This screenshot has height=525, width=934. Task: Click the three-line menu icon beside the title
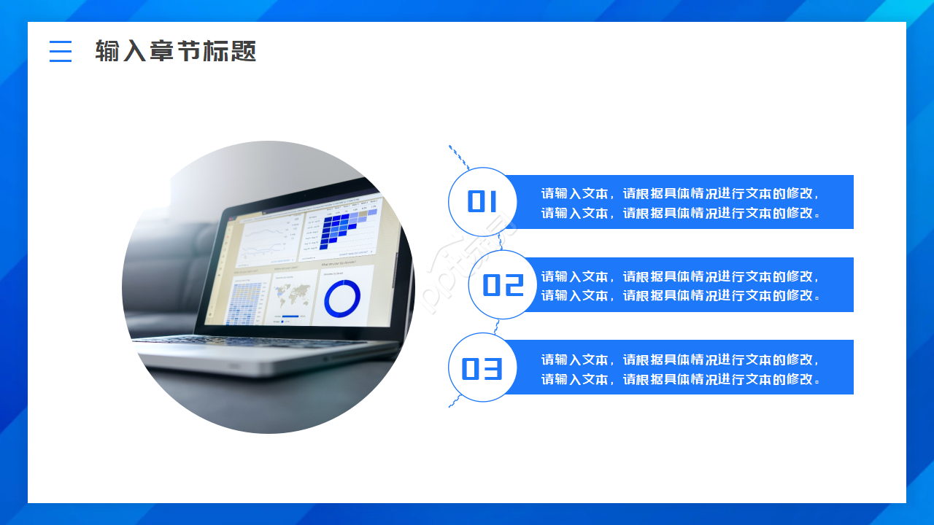click(61, 51)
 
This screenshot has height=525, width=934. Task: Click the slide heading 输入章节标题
click(176, 51)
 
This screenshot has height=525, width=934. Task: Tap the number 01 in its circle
click(482, 202)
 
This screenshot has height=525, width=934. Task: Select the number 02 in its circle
click(503, 285)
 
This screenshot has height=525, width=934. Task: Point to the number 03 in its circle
click(482, 368)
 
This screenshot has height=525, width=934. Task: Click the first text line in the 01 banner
click(680, 193)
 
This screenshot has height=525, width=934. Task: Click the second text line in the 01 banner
click(680, 213)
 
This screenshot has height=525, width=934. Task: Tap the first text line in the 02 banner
click(680, 276)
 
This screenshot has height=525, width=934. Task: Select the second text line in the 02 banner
click(680, 295)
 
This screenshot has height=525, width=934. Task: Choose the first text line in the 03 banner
click(680, 359)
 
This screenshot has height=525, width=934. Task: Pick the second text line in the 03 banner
click(680, 379)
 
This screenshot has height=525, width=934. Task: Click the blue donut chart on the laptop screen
click(342, 299)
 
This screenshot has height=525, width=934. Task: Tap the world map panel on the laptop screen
click(292, 295)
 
